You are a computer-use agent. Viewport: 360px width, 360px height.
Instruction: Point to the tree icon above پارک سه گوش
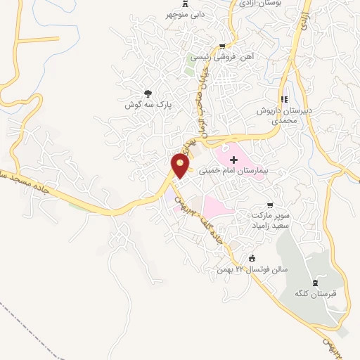(x=148, y=94)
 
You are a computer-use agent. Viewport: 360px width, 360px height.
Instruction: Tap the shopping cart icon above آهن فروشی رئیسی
(x=223, y=45)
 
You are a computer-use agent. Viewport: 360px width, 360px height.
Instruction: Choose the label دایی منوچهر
(x=185, y=13)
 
